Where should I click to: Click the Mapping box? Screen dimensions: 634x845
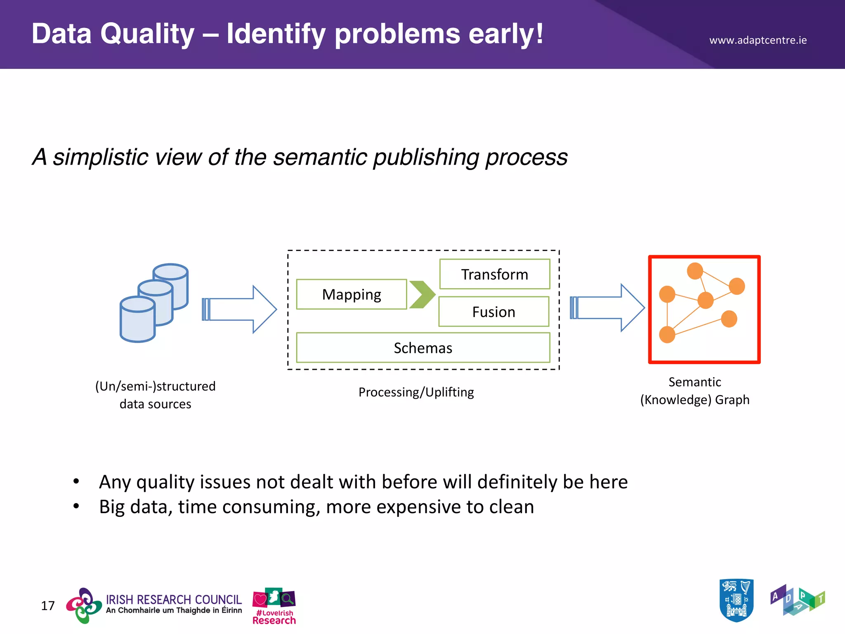(352, 294)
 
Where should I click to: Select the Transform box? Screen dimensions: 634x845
(494, 274)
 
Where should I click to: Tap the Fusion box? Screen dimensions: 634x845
(493, 312)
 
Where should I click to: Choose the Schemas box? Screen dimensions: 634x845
(423, 348)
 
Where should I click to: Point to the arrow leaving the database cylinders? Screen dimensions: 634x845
(239, 309)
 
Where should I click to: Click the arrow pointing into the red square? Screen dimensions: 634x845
(607, 308)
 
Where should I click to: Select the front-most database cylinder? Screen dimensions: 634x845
(137, 319)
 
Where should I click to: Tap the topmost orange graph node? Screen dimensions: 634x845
(695, 271)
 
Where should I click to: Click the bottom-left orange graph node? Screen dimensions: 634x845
(667, 334)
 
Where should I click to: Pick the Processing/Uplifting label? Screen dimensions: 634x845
(416, 392)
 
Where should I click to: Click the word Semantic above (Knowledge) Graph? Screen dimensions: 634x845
(694, 382)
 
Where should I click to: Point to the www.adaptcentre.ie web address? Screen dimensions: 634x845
(758, 40)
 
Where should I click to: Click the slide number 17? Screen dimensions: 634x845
(48, 606)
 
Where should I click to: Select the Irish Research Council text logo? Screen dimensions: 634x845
(173, 603)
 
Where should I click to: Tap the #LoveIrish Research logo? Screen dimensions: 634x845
(274, 606)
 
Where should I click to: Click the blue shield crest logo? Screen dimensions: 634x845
(736, 600)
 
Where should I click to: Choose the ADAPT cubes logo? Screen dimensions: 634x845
(797, 600)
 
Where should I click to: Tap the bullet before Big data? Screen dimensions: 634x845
(76, 506)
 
